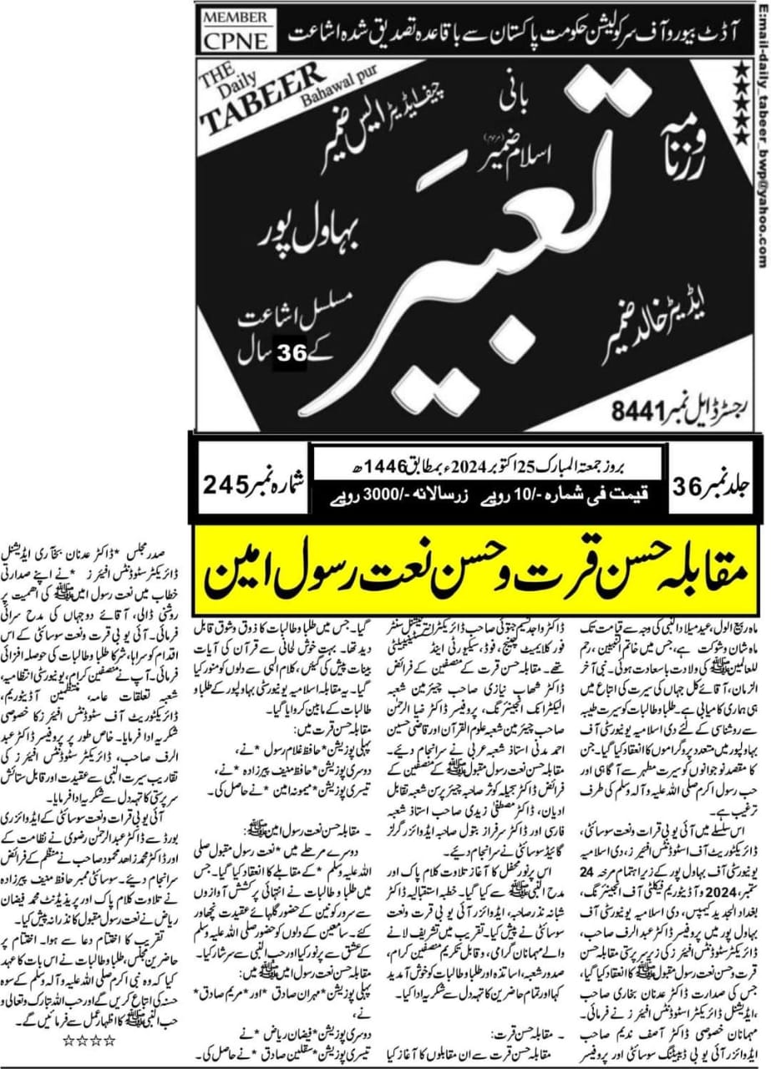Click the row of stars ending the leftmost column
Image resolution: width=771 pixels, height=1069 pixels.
(x=89, y=1041)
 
